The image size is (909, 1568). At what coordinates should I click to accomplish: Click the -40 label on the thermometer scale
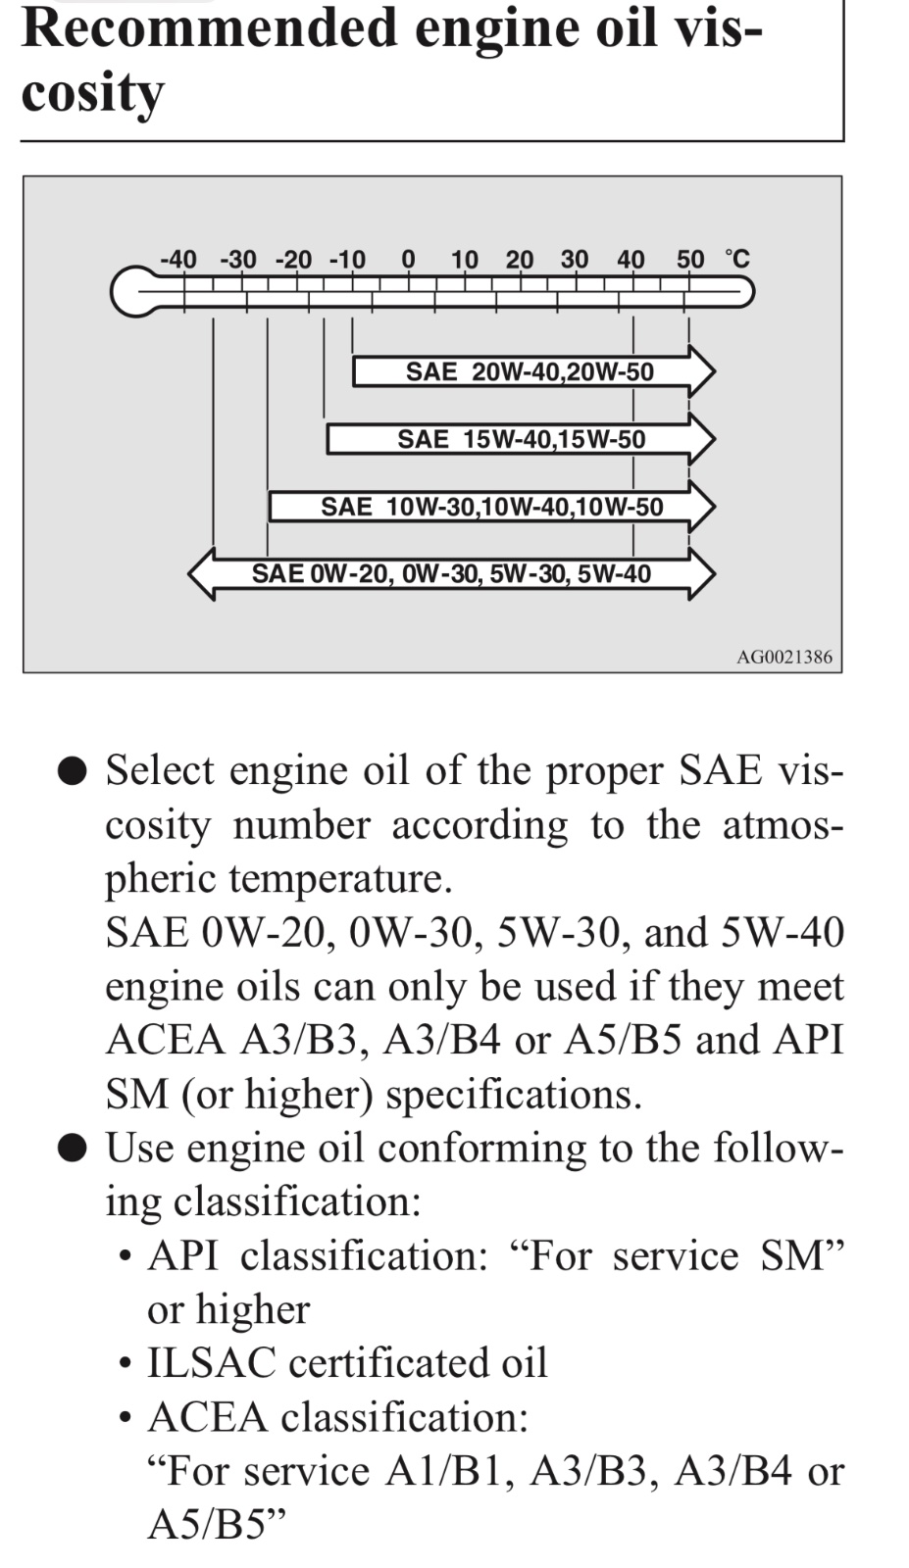coord(178,260)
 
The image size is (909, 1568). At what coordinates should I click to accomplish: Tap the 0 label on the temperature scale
coord(408,260)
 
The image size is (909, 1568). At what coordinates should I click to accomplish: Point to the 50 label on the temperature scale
coord(690,260)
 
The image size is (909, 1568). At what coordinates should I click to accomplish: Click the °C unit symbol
coord(737,259)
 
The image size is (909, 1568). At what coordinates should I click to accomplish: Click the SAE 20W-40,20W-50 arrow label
coord(530,371)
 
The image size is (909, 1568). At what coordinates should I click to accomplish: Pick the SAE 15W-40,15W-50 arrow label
coord(522,440)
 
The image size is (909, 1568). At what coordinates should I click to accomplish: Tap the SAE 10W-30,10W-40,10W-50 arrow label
coord(491,507)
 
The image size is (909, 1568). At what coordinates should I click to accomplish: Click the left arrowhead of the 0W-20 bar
coord(201,574)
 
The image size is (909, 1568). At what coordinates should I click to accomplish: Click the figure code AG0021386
coord(784,658)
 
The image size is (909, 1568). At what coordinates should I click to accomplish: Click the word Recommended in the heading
coord(210,29)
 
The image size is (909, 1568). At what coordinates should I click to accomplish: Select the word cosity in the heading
coord(92,94)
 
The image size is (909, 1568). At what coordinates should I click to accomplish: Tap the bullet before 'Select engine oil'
coord(73,771)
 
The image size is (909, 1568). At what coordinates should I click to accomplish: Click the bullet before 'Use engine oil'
coord(73,1149)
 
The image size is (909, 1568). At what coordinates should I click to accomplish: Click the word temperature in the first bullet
coord(340,880)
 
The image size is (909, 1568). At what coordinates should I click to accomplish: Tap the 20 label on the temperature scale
coord(520,260)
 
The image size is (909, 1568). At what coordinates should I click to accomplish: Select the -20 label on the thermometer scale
coord(293,260)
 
